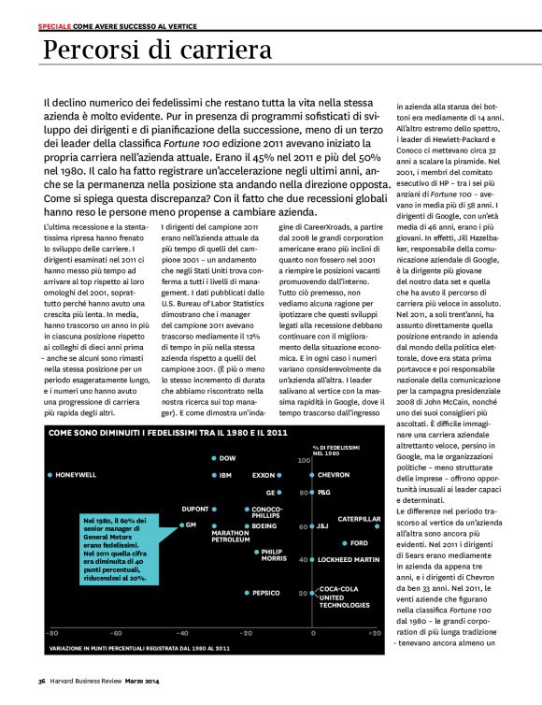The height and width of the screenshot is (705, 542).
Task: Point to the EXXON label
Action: [264, 475]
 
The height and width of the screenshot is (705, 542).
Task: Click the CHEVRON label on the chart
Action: [334, 475]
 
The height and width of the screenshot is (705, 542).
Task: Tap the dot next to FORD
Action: [347, 542]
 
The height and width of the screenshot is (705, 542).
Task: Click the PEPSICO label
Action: [266, 593]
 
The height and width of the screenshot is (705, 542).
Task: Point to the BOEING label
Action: [264, 526]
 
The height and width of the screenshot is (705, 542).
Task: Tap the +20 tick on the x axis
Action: [375, 633]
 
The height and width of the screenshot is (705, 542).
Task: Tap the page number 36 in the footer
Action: [42, 680]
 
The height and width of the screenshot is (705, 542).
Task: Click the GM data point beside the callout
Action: [179, 525]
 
